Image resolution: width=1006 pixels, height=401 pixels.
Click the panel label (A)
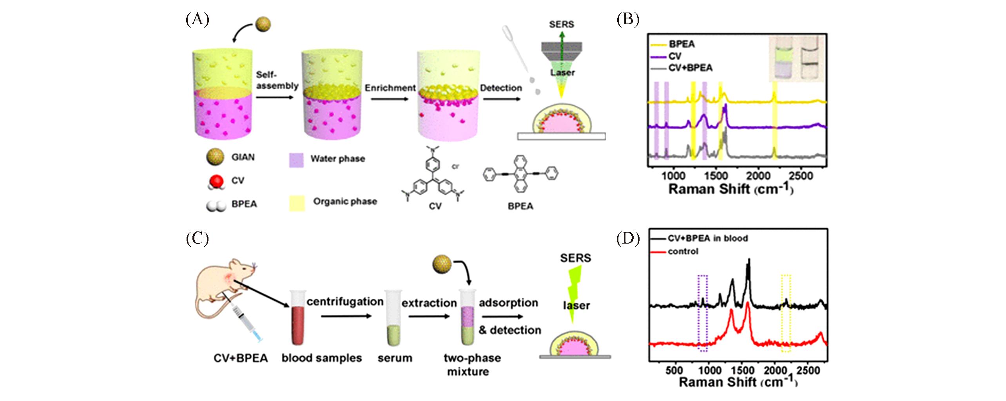pos(197,19)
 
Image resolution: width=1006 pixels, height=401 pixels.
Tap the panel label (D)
pos(628,238)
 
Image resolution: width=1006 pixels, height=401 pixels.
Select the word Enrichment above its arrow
pos(390,88)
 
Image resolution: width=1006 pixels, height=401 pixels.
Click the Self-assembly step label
pos(277,80)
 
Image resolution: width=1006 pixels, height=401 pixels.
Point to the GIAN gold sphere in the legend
pos(215,157)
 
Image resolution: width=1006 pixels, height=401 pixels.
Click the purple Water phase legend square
pos(296,160)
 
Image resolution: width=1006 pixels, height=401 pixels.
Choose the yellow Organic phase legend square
pos(297,203)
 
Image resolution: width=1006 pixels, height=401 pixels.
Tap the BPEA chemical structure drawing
pos(520,174)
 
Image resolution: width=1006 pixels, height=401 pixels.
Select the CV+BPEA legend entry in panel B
pos(690,68)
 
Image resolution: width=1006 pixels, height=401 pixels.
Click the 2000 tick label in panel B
pos(758,176)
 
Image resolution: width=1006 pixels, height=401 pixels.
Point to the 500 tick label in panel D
pos(674,370)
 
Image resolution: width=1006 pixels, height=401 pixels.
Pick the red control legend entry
pos(683,251)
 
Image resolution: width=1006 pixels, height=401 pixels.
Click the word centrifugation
pos(345,302)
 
